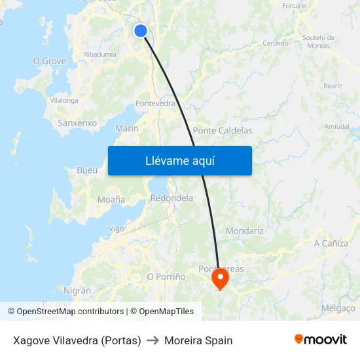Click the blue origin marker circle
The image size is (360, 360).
tap(141, 30)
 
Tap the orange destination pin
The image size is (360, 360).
tap(220, 279)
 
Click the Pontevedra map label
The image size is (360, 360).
tap(155, 103)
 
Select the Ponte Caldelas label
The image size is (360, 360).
tap(223, 131)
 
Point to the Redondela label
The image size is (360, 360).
tap(171, 198)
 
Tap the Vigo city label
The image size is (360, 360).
tap(117, 229)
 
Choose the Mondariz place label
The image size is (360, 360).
tap(244, 231)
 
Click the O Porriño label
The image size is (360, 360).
tap(166, 277)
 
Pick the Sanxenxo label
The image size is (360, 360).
tap(77, 123)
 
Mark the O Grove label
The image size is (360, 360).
tap(50, 61)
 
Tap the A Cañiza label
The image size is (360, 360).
tap(331, 243)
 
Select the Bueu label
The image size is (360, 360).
tap(87, 170)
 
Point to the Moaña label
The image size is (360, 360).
tap(111, 199)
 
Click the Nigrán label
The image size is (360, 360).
tap(77, 290)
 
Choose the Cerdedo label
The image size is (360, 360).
tap(276, 43)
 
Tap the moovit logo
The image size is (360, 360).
tap(321, 339)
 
